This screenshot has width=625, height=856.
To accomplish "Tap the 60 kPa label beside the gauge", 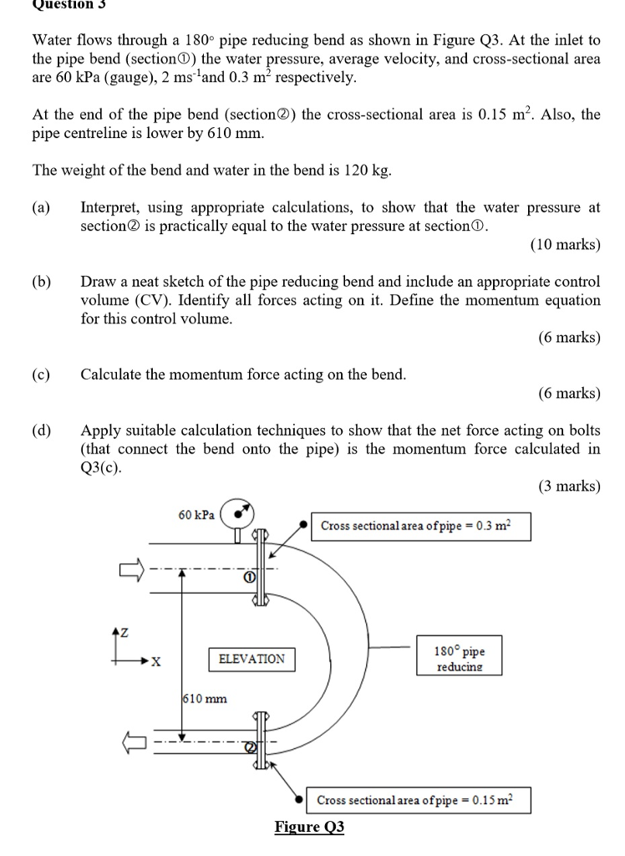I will pos(196,515).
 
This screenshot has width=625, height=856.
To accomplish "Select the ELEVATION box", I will pos(251,659).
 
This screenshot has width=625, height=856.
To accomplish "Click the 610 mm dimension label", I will pos(205,698).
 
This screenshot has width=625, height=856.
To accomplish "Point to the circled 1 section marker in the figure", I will pos(248,577).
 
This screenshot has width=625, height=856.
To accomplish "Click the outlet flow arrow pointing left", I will pos(132,741).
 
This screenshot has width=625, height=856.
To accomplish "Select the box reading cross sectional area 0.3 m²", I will pos(421,526).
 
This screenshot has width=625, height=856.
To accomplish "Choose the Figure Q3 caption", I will pos(309,827).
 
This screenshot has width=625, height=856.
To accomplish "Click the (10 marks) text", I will pos(565,245).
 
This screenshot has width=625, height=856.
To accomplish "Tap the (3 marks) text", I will pos(568,486).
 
